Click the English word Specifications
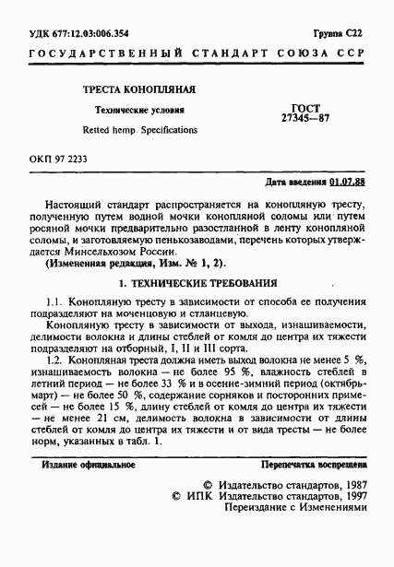(163, 130)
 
